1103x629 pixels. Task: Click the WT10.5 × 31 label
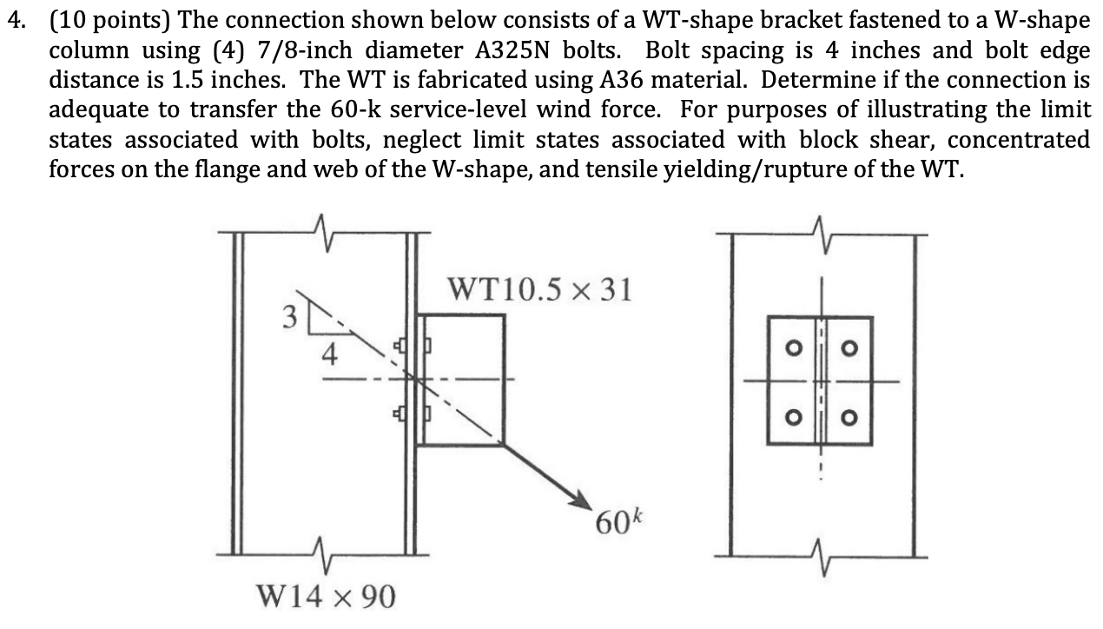[x=538, y=288]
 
